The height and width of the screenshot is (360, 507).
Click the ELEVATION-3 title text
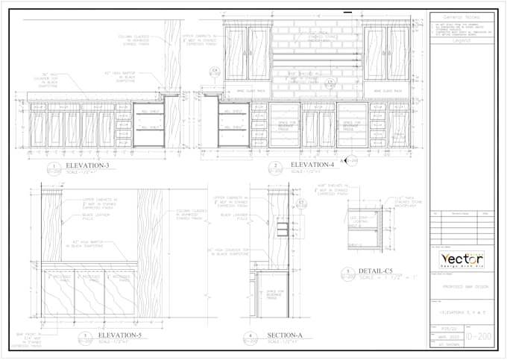(x=87, y=165)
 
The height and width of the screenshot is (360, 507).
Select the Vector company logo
(x=462, y=260)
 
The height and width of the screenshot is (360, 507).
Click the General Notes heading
(x=462, y=16)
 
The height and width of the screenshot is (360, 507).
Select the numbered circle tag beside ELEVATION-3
(x=53, y=167)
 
